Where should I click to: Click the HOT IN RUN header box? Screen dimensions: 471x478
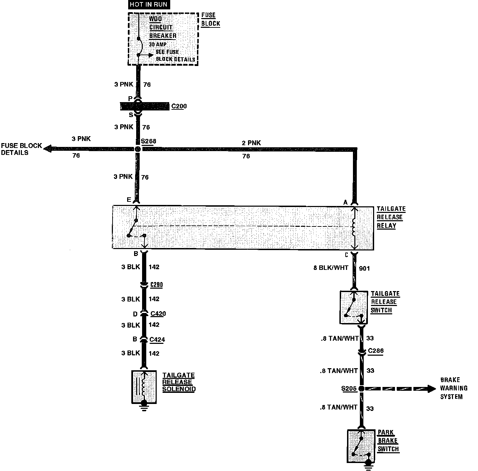click(x=148, y=5)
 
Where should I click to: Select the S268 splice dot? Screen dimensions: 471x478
click(x=138, y=149)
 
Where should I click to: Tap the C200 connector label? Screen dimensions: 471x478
click(x=179, y=106)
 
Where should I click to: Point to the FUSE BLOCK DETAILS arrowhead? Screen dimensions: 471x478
click(x=47, y=148)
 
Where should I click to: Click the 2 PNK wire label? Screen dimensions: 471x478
click(x=252, y=143)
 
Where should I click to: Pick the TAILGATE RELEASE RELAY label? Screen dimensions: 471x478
click(x=391, y=217)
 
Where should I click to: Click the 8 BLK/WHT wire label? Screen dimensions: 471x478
click(x=331, y=268)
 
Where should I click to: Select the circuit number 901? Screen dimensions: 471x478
click(x=364, y=268)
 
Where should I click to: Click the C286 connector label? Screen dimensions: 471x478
click(x=376, y=351)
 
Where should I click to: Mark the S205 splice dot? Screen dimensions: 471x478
click(x=361, y=389)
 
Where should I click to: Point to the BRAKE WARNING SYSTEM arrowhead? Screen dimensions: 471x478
click(x=431, y=388)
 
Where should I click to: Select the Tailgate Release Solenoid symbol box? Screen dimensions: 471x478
click(x=144, y=387)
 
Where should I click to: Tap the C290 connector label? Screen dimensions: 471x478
click(x=156, y=285)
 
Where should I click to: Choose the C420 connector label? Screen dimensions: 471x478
click(x=158, y=314)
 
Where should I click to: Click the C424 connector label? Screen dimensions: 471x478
click(x=157, y=339)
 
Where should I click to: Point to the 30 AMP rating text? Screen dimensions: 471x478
click(x=158, y=44)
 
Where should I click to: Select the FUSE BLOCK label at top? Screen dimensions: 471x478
click(x=211, y=19)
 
